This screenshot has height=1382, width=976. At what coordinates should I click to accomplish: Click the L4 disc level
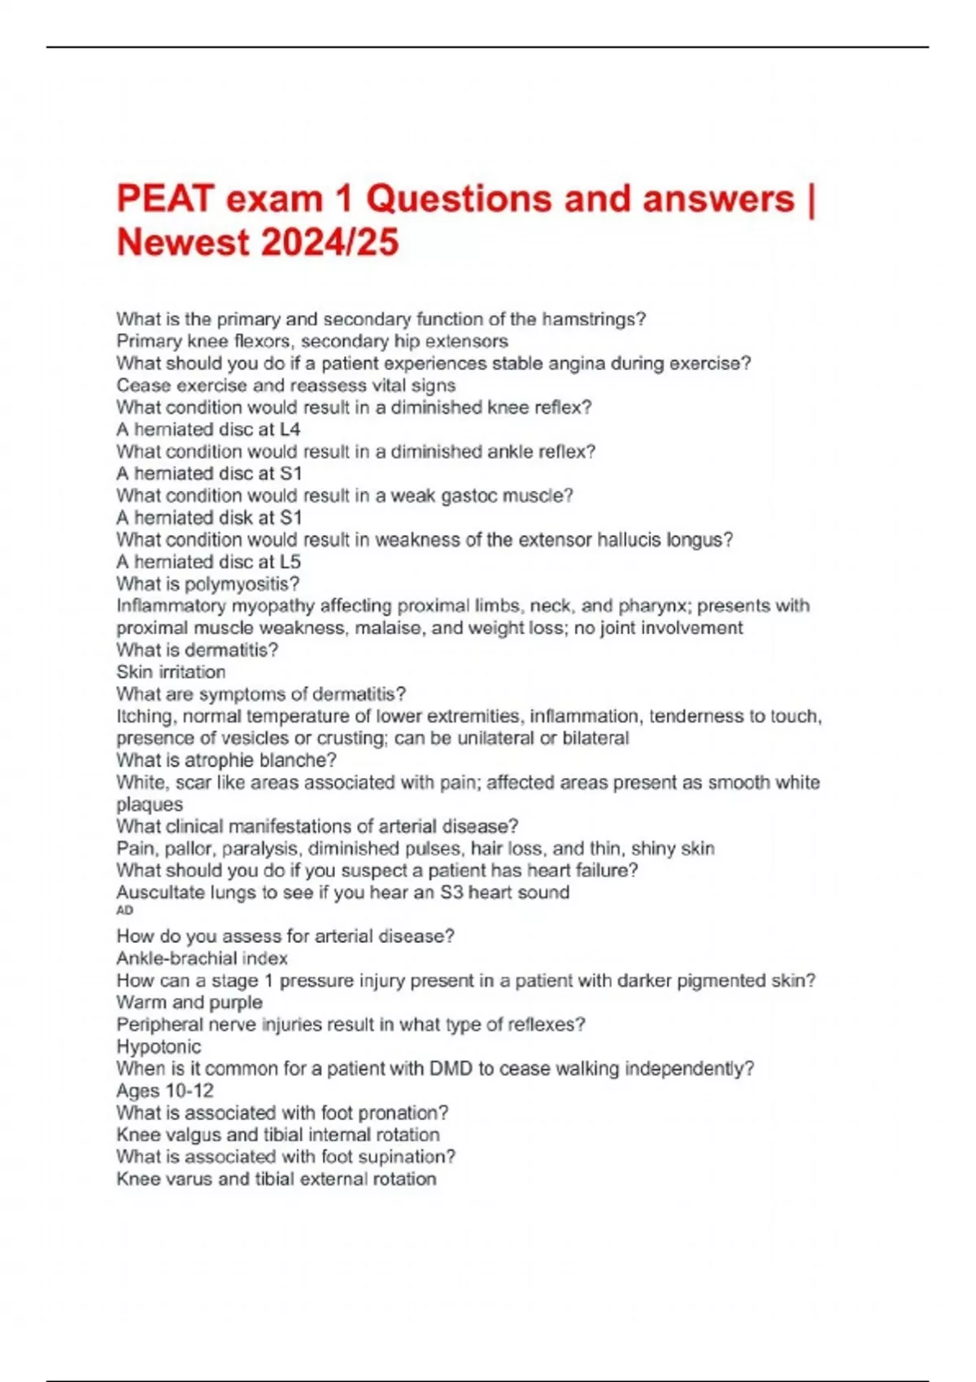(290, 429)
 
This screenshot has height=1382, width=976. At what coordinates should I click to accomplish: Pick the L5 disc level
(290, 562)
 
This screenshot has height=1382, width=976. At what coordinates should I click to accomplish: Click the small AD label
(124, 910)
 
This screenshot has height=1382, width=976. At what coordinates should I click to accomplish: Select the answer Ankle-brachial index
(202, 958)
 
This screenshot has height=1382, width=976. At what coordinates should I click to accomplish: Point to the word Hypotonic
(159, 1047)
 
